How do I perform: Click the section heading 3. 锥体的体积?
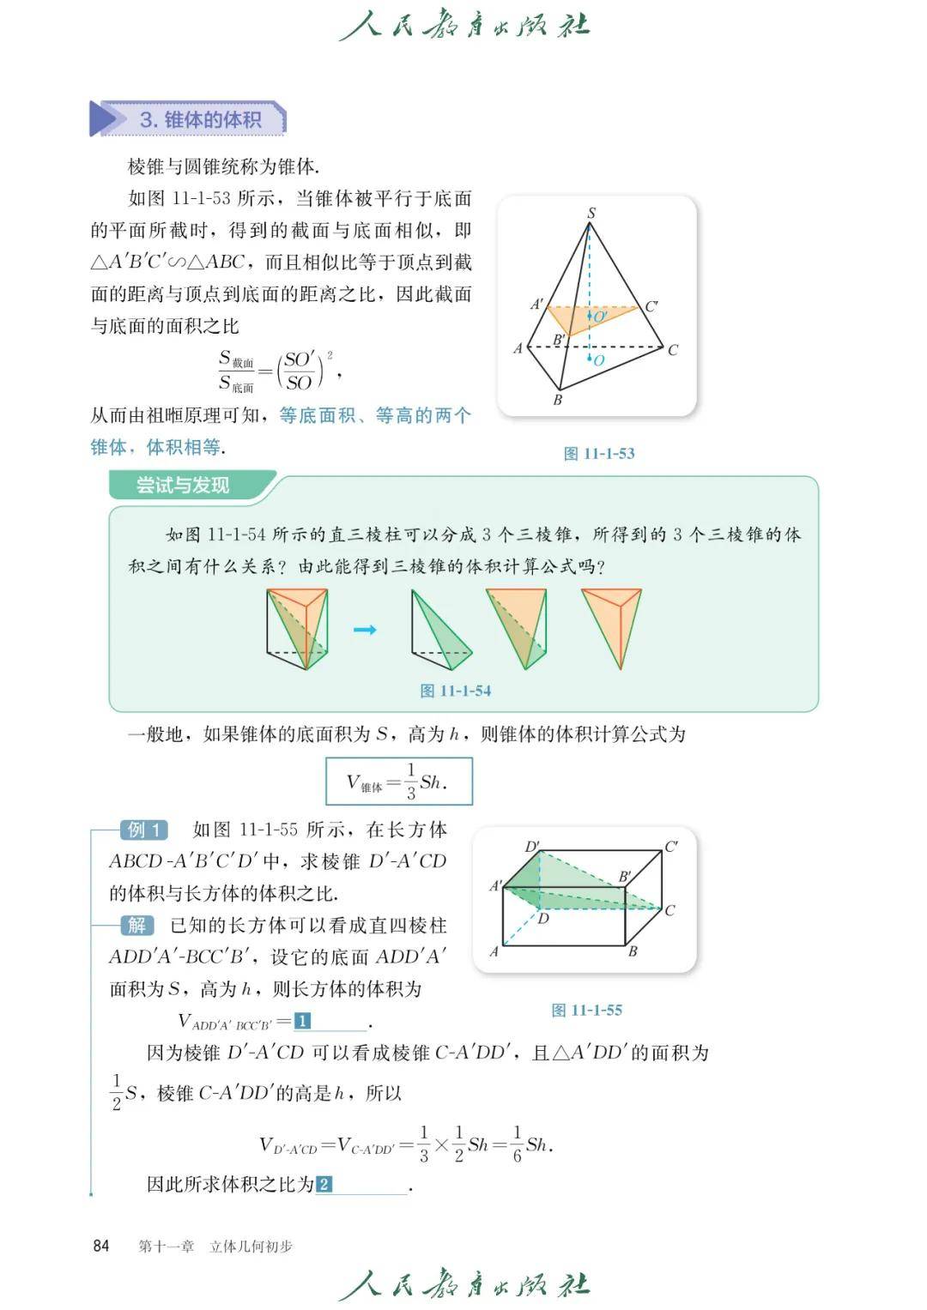click(199, 119)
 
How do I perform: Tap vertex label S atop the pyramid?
click(591, 213)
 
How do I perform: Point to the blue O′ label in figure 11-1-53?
click(601, 317)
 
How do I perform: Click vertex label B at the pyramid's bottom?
click(558, 400)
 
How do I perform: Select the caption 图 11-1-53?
click(598, 454)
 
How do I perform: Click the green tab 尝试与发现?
click(183, 486)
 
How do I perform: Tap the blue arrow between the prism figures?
click(365, 630)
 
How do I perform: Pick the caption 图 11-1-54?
click(455, 691)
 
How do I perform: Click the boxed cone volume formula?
click(398, 781)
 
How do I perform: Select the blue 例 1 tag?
click(143, 830)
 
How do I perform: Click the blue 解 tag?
click(137, 925)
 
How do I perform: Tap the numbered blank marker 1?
click(302, 1021)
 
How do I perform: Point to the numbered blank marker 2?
click(324, 1185)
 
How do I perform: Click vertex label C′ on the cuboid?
click(671, 847)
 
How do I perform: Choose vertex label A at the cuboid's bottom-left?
click(494, 951)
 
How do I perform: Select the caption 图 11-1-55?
click(586, 1010)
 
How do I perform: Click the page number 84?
click(101, 1246)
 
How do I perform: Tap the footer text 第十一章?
click(167, 1246)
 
